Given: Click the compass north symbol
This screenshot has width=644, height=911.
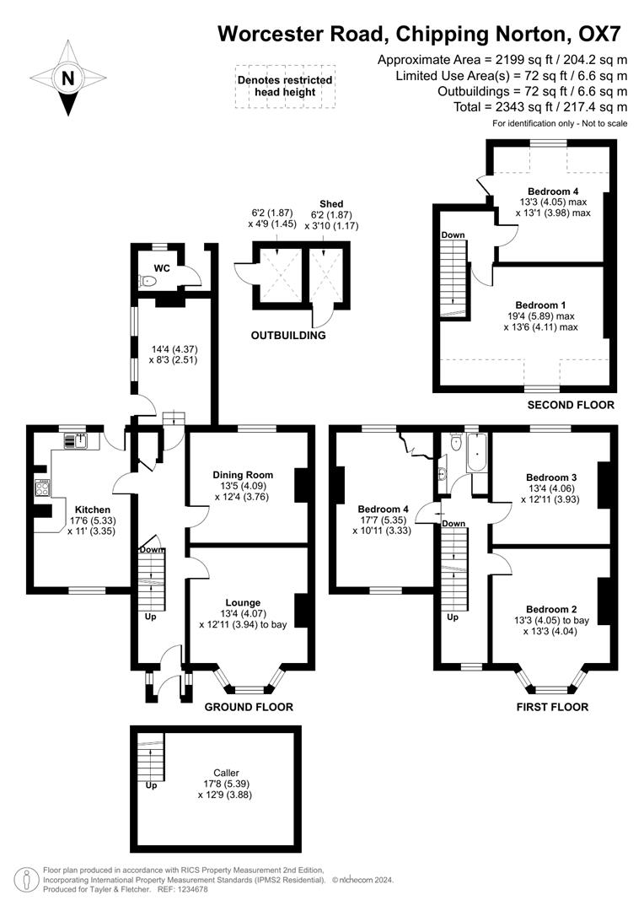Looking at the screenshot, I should [x=67, y=79].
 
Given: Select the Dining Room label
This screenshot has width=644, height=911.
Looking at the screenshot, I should [x=243, y=475].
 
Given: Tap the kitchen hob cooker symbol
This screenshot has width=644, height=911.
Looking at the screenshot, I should [x=42, y=487].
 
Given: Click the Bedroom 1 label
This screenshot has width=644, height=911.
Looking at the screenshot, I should [x=540, y=305].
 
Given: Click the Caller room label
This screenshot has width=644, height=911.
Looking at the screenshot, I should [x=226, y=772].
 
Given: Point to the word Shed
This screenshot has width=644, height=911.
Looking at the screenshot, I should [x=331, y=203].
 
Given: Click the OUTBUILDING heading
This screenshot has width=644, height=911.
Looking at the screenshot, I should [x=288, y=336].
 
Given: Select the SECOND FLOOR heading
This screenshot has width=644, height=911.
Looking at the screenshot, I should [x=571, y=405].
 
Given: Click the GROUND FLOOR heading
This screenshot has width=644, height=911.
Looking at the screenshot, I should [x=250, y=707].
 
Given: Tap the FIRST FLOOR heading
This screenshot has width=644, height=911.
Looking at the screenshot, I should [x=552, y=707].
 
